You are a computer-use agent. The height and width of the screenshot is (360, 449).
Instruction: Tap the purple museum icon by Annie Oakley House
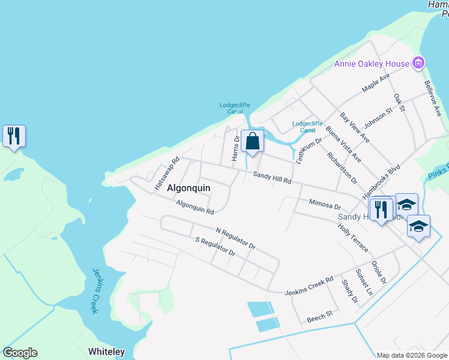pyautogui.click(x=418, y=63)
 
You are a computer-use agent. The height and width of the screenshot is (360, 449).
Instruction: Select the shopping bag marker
pyautogui.click(x=253, y=142)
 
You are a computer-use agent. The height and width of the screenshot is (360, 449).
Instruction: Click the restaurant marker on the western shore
pyautogui.click(x=13, y=136)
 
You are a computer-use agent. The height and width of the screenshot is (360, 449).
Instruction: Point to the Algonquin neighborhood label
pyautogui.click(x=188, y=188)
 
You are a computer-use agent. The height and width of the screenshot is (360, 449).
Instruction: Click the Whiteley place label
pyautogui.click(x=106, y=352)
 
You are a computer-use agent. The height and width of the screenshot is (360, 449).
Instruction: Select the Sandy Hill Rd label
pyautogui.click(x=272, y=178)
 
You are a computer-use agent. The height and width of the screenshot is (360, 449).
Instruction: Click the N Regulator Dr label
pyautogui.click(x=235, y=238)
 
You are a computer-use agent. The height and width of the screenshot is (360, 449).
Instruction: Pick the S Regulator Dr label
pyautogui.click(x=215, y=247)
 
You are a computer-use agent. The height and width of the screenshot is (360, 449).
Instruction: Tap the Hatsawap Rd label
pyautogui.click(x=167, y=174)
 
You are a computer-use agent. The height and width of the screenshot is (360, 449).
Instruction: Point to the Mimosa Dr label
pyautogui.click(x=325, y=205)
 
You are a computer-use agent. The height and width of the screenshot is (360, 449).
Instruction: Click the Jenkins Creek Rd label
pyautogui.click(x=309, y=284)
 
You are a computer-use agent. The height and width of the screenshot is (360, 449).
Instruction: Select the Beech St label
pyautogui.click(x=319, y=316)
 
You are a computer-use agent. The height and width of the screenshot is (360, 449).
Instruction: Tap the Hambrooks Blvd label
pyautogui.click(x=381, y=183)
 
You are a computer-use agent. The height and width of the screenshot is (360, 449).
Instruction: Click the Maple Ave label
pyautogui.click(x=376, y=83)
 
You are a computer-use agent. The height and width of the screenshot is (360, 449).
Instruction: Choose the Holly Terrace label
pyautogui.click(x=352, y=238)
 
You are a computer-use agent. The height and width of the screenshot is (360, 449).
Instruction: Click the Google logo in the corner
pyautogui.click(x=20, y=353)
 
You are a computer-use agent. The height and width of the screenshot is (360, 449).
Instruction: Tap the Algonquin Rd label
pyautogui.click(x=195, y=208)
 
